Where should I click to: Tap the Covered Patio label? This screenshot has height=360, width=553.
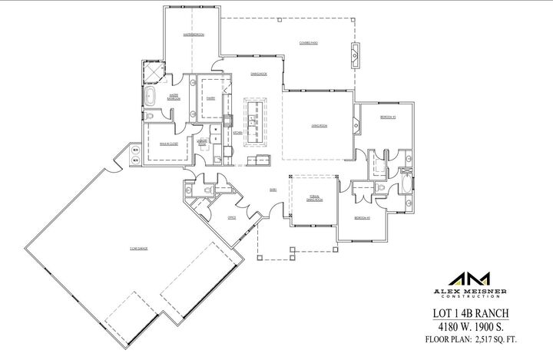point(310,43)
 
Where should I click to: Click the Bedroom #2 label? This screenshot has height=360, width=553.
point(386,117)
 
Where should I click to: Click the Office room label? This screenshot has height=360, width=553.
point(231,217)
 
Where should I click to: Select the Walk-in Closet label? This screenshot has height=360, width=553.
point(169,144)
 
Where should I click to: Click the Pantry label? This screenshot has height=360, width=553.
point(209,98)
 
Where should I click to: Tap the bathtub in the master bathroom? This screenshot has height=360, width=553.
point(151,97)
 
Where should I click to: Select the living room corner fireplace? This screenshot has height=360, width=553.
point(356,121)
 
